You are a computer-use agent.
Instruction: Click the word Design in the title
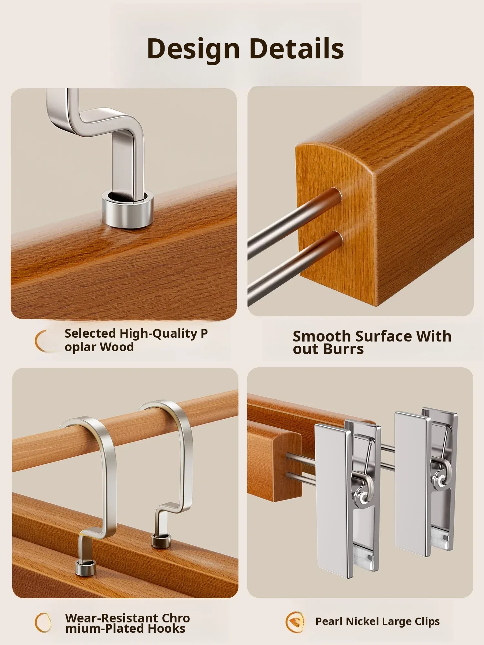click(193, 49)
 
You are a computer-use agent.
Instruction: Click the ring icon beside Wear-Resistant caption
click(43, 622)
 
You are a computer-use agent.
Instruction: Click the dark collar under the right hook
click(161, 541)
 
